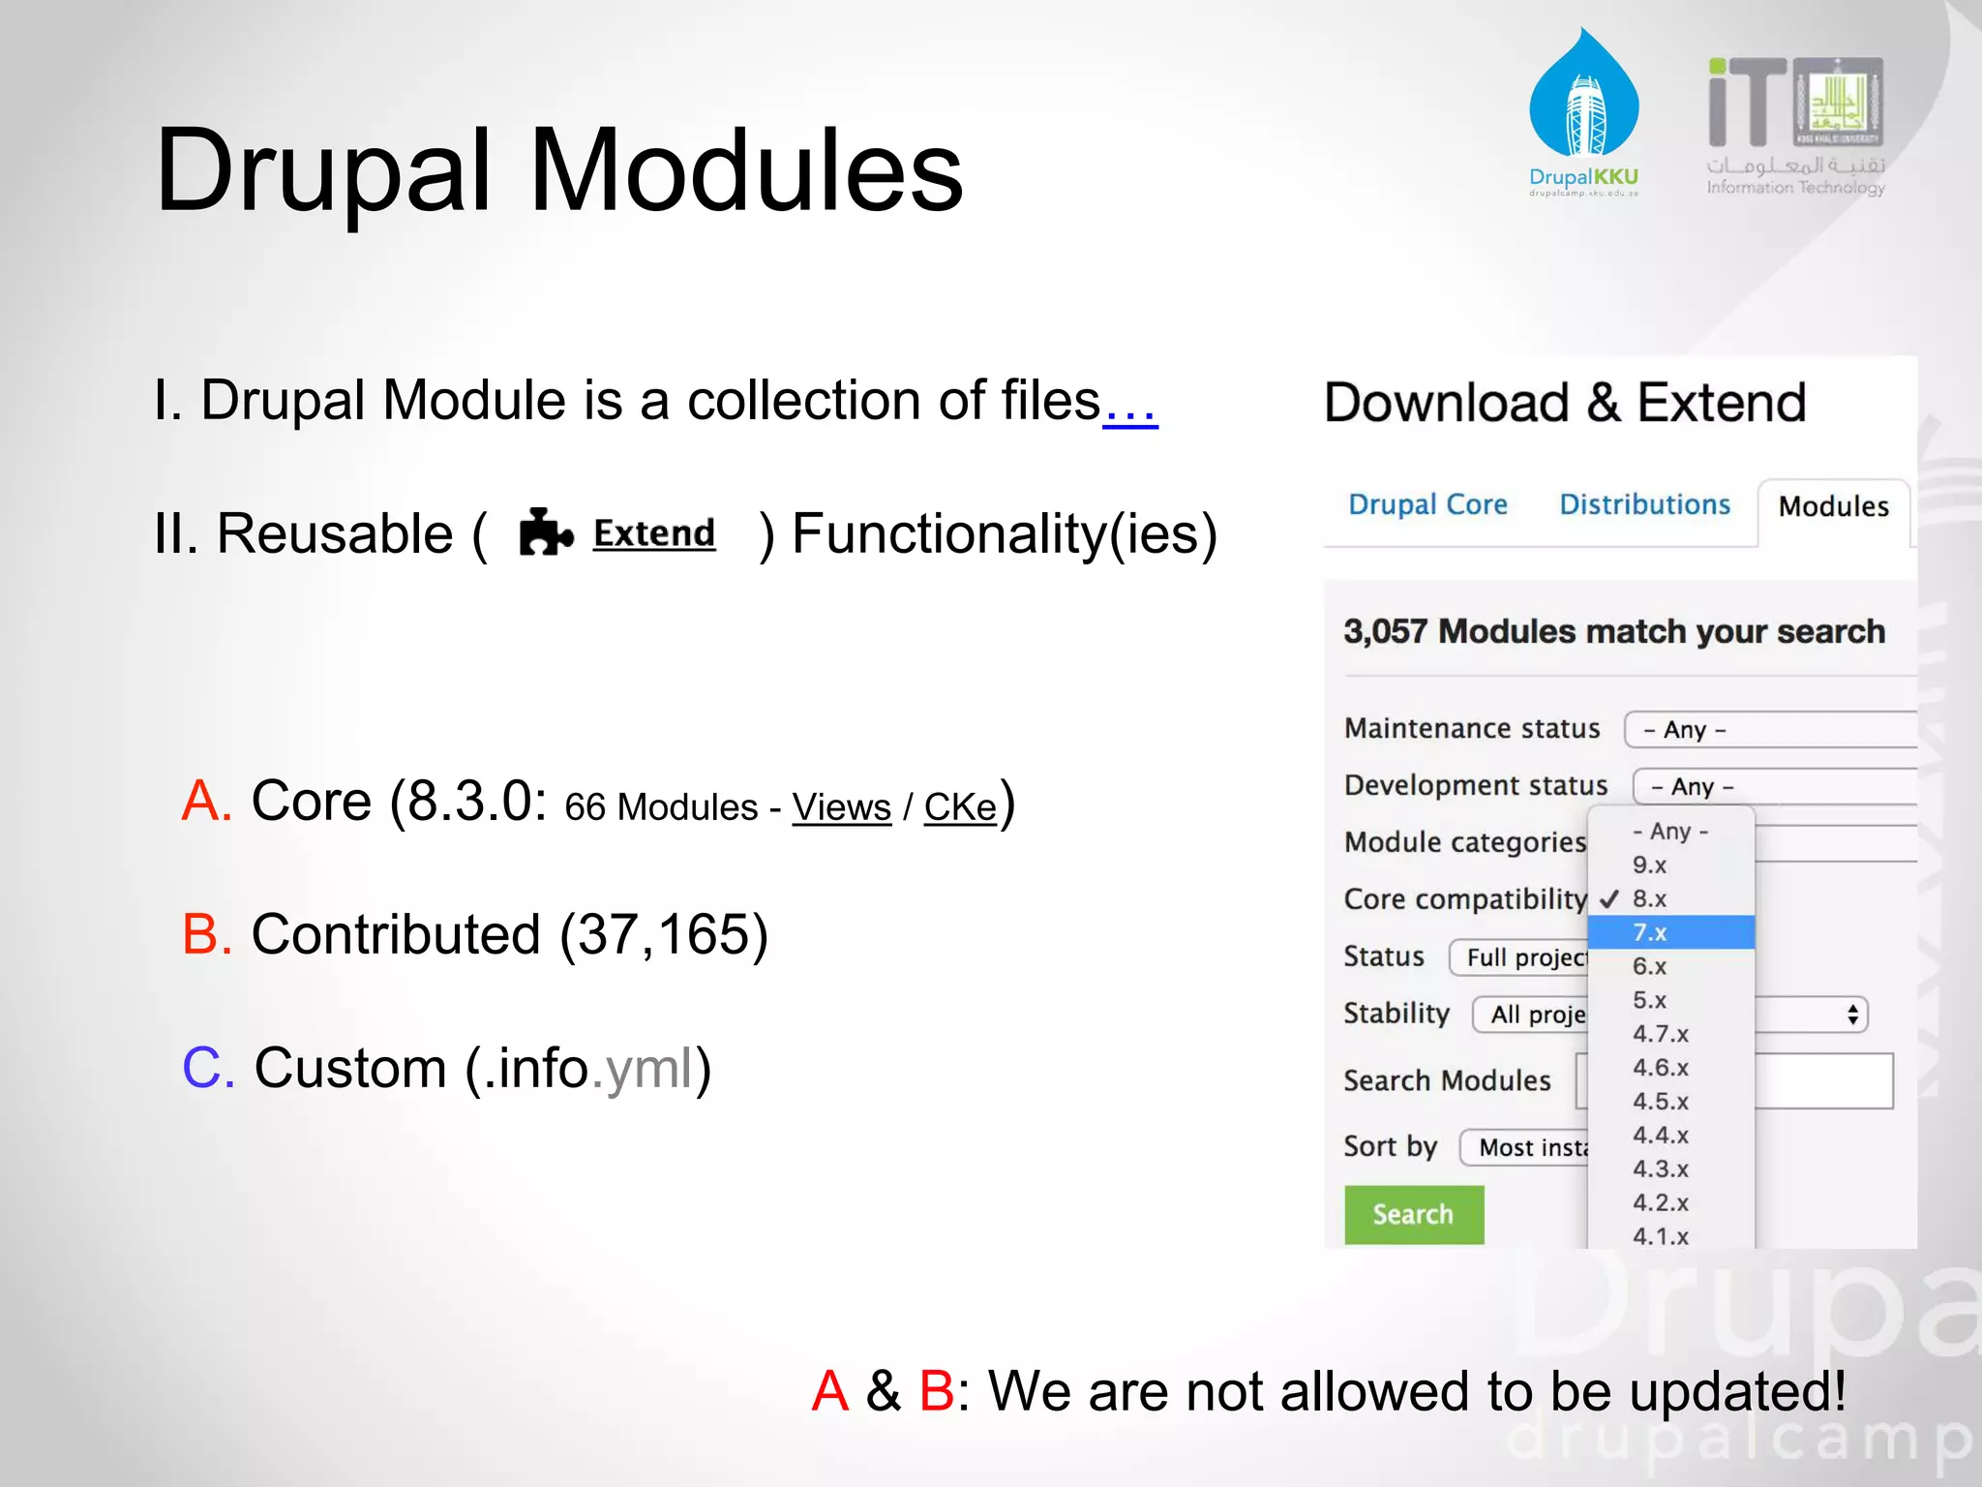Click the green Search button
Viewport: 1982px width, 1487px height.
[1413, 1214]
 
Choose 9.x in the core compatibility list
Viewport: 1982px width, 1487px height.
[1649, 865]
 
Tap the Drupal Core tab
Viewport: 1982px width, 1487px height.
[1427, 504]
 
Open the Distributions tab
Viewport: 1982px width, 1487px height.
[1644, 504]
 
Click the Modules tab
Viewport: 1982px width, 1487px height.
[1833, 506]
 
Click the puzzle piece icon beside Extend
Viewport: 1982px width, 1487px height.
[545, 532]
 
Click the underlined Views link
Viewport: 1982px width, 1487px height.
[841, 806]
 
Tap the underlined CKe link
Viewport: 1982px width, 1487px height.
[959, 806]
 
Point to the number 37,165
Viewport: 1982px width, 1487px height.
[664, 934]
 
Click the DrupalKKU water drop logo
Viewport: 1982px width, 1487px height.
[1584, 97]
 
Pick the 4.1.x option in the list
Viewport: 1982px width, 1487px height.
[1661, 1236]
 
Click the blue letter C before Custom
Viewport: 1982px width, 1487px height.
[208, 1068]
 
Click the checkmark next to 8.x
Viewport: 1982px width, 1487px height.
[1609, 899]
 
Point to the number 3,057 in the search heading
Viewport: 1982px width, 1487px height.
[1385, 631]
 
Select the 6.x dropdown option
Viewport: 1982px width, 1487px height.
[1649, 966]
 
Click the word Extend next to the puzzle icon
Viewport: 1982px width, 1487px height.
[654, 533]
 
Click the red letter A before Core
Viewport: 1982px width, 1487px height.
[206, 802]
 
